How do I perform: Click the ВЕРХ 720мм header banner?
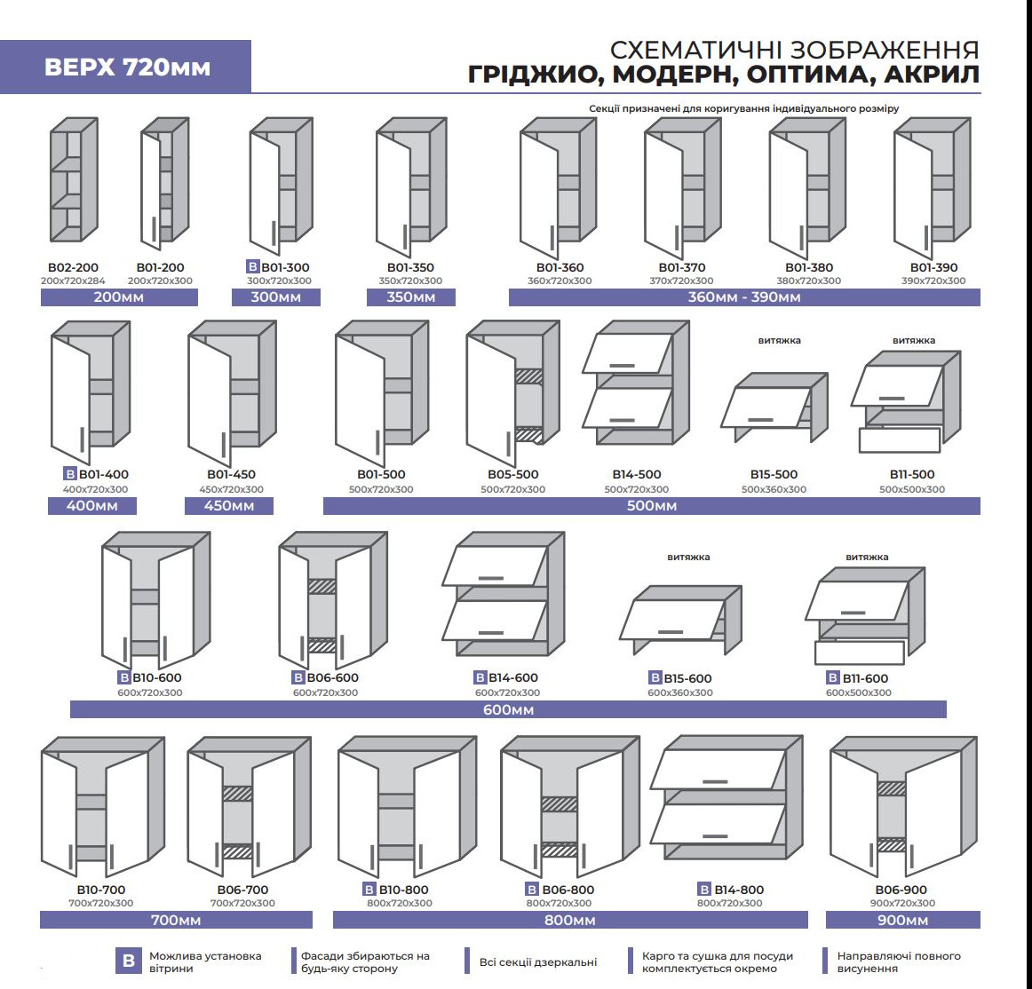coord(126,67)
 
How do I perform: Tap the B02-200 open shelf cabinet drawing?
coord(73,181)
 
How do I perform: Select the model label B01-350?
coord(410,267)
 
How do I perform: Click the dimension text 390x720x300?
coord(933,281)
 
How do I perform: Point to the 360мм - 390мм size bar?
coord(744,297)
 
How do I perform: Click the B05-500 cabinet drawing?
coord(512,392)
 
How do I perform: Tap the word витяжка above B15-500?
coord(779,340)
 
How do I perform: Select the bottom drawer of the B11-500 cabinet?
coord(899,440)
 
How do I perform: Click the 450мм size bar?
coord(229,506)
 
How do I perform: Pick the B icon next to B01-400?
coord(70,474)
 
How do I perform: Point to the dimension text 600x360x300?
coord(679,692)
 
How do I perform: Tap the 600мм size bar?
coord(508,709)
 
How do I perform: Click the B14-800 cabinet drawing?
coord(726,799)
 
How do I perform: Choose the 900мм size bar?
coord(902,920)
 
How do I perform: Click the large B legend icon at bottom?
coord(128,961)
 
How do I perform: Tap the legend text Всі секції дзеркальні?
coord(538,961)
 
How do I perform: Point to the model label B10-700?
coord(100,890)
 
